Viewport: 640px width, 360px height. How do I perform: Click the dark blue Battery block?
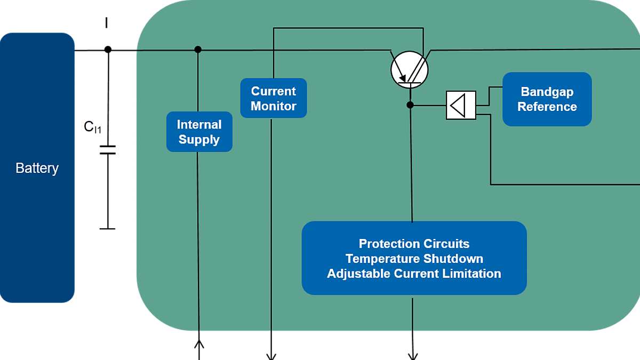point(37,168)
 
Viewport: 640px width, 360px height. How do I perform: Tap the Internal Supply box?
point(199,132)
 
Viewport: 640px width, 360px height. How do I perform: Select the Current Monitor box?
point(274,98)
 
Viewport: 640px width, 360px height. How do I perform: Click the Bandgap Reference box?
point(547,99)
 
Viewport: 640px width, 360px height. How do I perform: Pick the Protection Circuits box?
point(414,258)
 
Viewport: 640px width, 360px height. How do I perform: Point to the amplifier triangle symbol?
point(460,105)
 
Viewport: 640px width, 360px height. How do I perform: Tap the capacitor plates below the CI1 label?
point(108,149)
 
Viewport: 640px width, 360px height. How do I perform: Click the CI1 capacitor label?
point(92,127)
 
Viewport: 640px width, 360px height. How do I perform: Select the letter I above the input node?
point(107,22)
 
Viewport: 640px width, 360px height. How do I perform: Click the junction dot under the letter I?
point(108,50)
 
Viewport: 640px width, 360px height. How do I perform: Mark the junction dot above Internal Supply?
point(198,50)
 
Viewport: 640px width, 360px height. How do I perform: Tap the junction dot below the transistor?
point(410,105)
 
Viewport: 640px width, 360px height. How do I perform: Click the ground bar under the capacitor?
point(108,229)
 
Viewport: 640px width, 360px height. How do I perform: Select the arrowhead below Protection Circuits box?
point(413,355)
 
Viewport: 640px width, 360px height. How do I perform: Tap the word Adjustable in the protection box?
point(358,274)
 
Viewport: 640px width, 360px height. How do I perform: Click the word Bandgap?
point(547,92)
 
